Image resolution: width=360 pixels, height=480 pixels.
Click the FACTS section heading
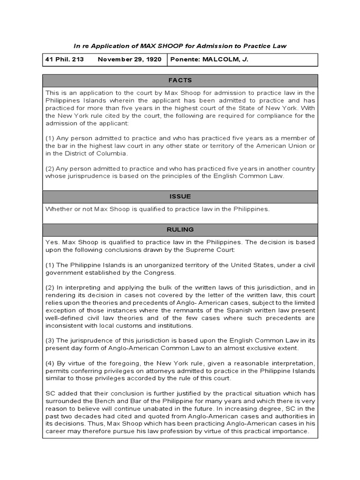(x=180, y=80)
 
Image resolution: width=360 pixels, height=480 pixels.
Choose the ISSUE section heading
(x=180, y=196)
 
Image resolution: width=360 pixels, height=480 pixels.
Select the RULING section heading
(x=180, y=230)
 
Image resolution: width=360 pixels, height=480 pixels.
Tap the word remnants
(x=194, y=309)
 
